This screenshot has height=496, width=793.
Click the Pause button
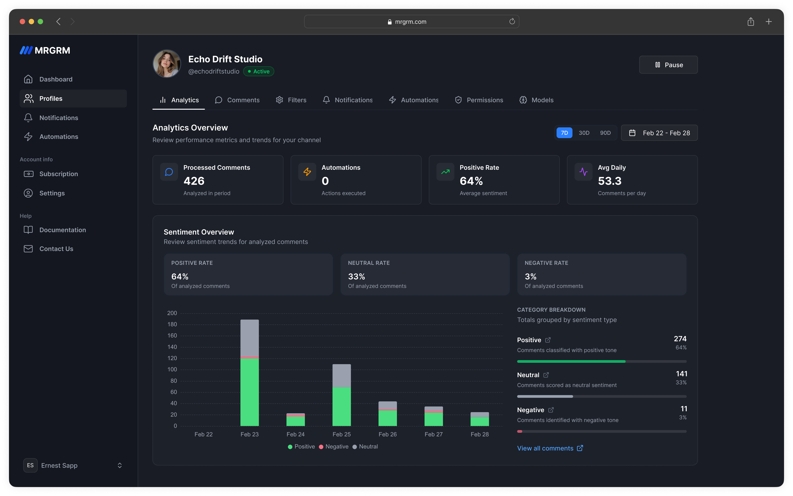tap(668, 65)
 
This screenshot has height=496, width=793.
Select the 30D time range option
tap(584, 133)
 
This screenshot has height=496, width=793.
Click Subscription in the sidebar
tap(58, 174)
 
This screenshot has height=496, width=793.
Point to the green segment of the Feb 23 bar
tap(249, 392)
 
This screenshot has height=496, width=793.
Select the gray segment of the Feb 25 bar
tap(342, 376)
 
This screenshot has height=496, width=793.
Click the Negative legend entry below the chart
tap(334, 446)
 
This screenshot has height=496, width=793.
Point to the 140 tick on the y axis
tap(172, 347)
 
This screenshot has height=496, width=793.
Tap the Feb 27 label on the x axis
tap(434, 434)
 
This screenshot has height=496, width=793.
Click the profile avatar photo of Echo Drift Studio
tap(167, 64)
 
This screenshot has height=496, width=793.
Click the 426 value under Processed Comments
tap(194, 181)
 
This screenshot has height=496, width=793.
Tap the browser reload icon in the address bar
tap(512, 22)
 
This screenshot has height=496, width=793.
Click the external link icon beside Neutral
tap(546, 375)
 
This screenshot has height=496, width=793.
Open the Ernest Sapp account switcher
tap(73, 465)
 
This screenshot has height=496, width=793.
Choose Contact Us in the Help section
tap(56, 249)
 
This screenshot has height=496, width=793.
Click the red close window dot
tap(22, 22)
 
